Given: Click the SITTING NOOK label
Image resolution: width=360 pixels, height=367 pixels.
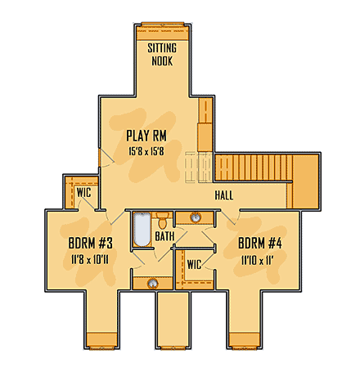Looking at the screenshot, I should pyautogui.click(x=161, y=54).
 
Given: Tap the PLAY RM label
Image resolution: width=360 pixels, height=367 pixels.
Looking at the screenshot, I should pyautogui.click(x=147, y=136).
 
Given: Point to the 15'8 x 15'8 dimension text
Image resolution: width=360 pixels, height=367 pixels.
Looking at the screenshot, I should pyautogui.click(x=147, y=151).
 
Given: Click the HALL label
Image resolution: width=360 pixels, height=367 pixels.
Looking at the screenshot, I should pyautogui.click(x=225, y=196).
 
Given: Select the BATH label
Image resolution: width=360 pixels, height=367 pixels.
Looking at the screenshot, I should pyautogui.click(x=165, y=237).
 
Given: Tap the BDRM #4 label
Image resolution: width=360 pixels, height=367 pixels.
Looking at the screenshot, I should pyautogui.click(x=260, y=244).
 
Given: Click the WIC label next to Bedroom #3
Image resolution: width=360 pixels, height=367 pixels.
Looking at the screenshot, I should pyautogui.click(x=83, y=193).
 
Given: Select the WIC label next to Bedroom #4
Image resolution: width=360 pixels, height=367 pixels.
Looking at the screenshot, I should pyautogui.click(x=194, y=264).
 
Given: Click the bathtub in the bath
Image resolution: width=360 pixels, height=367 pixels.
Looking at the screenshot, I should pyautogui.click(x=141, y=230).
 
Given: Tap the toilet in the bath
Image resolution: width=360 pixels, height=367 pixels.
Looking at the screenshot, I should pyautogui.click(x=164, y=220).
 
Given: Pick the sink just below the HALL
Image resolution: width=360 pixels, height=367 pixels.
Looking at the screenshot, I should pyautogui.click(x=196, y=217).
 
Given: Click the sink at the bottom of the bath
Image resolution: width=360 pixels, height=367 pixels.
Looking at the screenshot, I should pyautogui.click(x=152, y=284).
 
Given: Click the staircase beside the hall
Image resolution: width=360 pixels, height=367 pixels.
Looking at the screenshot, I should pyautogui.click(x=253, y=168).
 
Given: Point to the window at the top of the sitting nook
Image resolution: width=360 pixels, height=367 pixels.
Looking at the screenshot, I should pyautogui.click(x=160, y=25).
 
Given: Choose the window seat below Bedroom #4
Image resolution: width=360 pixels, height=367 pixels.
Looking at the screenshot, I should pyautogui.click(x=248, y=339).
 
